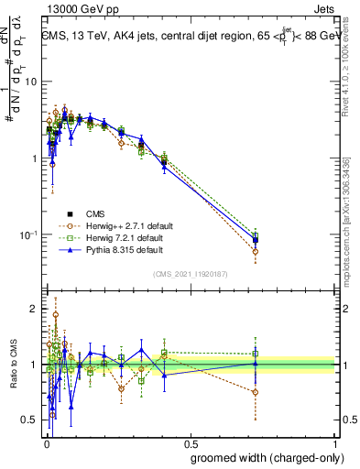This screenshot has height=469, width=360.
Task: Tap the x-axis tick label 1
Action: coord(338,443)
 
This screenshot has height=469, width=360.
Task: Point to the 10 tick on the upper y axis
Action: coord(30,82)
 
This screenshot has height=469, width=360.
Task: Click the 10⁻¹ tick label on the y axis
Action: coord(27,235)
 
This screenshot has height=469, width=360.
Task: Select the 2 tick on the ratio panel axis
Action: coord(35,310)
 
